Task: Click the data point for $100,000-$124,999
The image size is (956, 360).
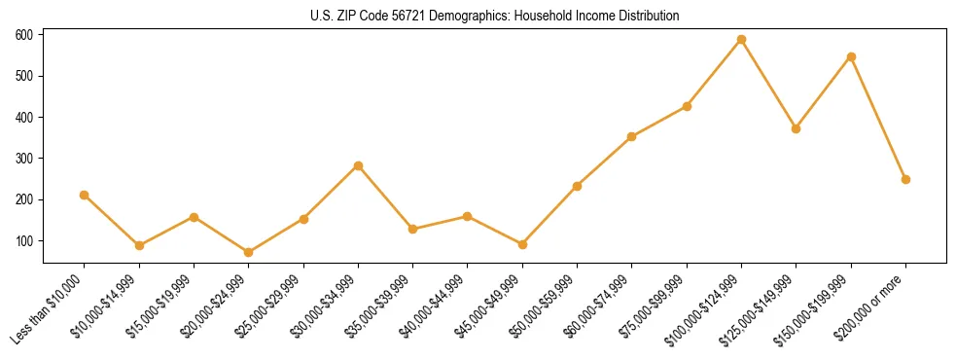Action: click(741, 40)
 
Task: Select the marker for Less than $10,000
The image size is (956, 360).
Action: click(85, 196)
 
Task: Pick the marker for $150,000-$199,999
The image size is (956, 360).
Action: click(851, 57)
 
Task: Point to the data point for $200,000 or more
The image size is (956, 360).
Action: click(905, 179)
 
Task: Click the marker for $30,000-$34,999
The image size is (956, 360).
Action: click(358, 165)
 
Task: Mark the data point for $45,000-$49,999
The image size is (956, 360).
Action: click(522, 245)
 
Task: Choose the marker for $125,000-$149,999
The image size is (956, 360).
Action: click(797, 128)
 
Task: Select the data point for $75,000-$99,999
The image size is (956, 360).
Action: click(687, 106)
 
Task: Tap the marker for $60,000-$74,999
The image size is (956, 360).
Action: click(632, 137)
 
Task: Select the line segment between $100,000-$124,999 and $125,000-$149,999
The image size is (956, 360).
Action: click(769, 85)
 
